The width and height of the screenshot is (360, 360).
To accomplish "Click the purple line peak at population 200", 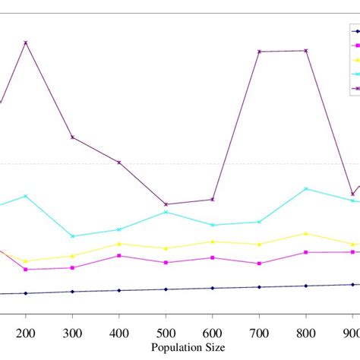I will coord(26,43).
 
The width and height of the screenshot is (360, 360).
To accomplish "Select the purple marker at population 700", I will coord(259,52).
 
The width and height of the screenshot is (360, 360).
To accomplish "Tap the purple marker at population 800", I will coord(306,51).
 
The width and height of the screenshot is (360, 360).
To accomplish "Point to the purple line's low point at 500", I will coord(166,204).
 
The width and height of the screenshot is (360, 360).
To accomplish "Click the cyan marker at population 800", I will coord(306,188).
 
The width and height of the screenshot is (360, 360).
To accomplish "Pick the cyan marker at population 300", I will coord(72,236).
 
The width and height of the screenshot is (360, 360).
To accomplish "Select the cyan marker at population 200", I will coord(26,196).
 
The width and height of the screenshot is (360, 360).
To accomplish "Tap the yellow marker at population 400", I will coord(119,244).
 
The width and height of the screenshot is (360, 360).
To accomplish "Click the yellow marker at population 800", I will coord(306,233).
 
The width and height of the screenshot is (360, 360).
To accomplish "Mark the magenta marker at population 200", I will coord(26,270).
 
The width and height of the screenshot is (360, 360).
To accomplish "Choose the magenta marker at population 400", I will coord(119,256).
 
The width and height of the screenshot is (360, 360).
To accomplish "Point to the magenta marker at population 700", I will coord(259,264).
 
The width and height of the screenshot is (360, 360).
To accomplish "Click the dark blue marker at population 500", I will coord(166,289).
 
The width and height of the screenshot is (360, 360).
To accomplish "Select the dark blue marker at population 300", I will coord(72,292).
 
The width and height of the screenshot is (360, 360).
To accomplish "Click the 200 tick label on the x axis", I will coord(26,333).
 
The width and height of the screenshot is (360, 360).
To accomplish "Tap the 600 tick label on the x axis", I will coord(213,333).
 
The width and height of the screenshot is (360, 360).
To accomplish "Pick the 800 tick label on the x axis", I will coord(306,333).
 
